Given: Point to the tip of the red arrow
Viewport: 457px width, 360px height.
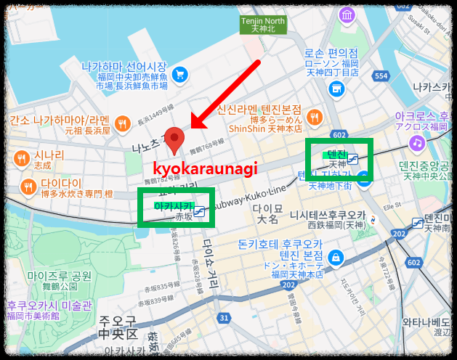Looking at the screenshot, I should click(x=192, y=128).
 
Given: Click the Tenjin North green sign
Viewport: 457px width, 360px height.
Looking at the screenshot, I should click(x=262, y=24).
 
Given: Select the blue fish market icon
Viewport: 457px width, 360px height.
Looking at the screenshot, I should click(x=179, y=73).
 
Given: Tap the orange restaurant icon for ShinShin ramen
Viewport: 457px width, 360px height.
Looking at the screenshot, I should click(x=315, y=116).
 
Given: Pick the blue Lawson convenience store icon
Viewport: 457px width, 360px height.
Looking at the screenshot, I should click(x=336, y=89).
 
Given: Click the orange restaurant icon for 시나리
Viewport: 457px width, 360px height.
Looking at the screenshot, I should click(x=21, y=158).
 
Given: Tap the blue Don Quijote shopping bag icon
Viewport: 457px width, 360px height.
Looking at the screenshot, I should click(x=336, y=257).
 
